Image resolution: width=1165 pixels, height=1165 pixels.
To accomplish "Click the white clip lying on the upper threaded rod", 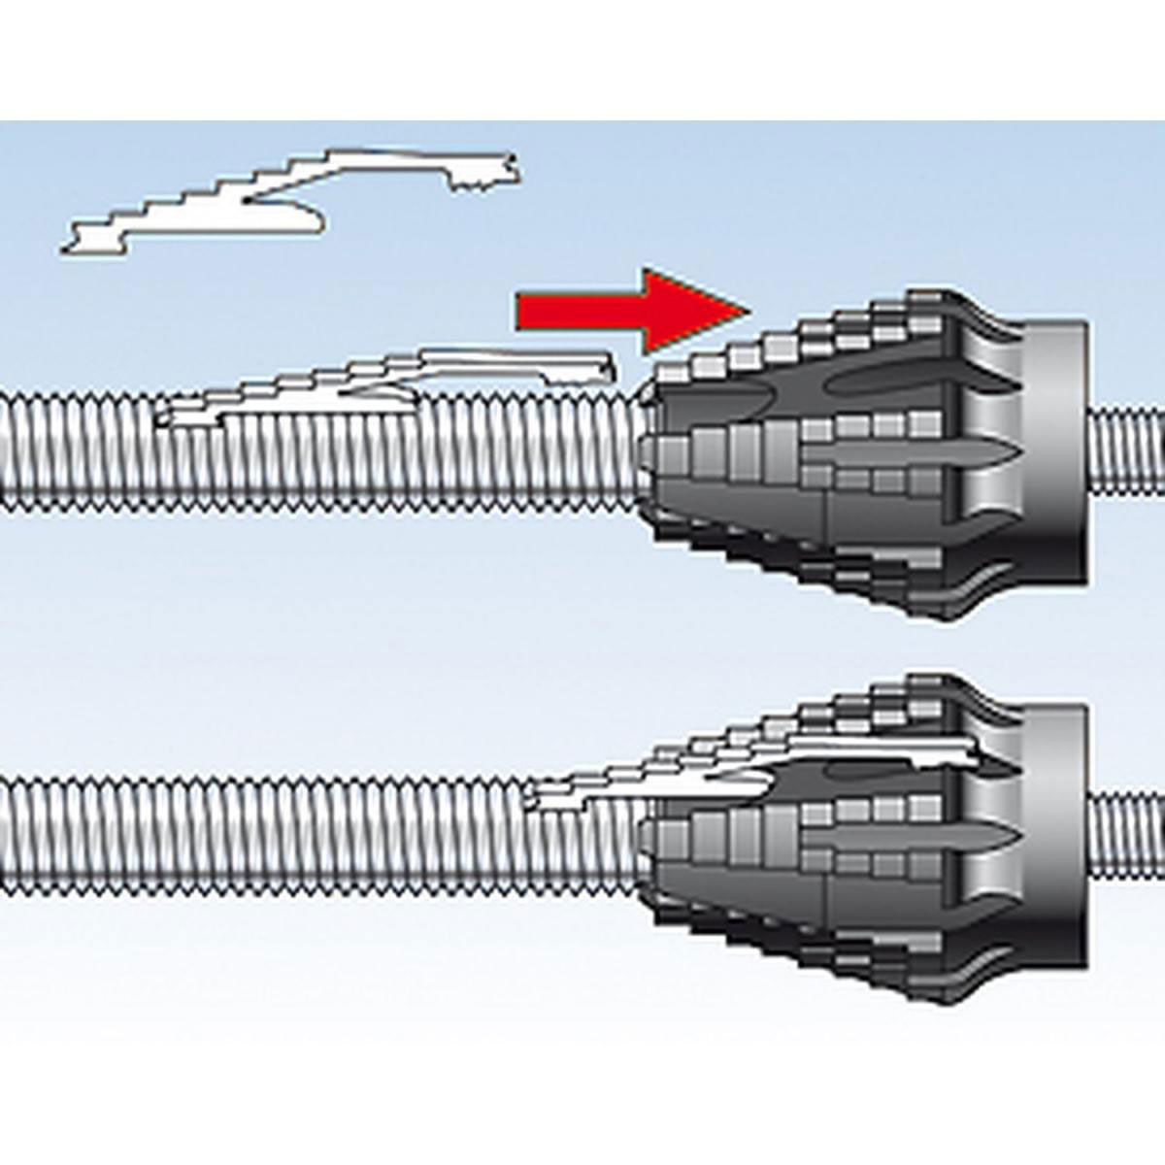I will click(x=388, y=383).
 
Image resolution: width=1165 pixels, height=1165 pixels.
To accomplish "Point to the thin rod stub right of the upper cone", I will click(x=1126, y=451).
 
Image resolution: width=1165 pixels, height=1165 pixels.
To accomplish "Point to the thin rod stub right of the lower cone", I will click(x=1126, y=835).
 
